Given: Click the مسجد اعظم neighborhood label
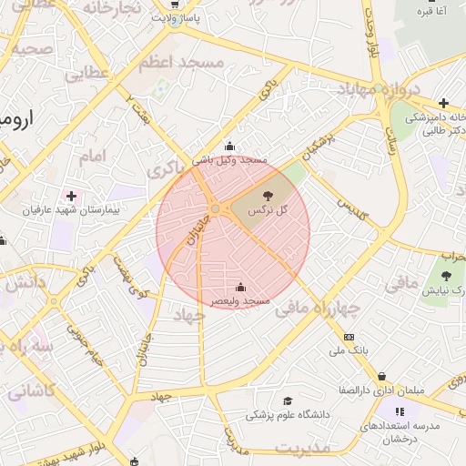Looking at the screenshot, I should [x=181, y=62].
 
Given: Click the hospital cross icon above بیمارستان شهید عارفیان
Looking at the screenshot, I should [x=71, y=196].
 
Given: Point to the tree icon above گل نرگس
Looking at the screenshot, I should [x=268, y=196].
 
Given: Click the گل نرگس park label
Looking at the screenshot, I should [x=268, y=209].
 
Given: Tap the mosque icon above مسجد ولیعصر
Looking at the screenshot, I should [x=239, y=287].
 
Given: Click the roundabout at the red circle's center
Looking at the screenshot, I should [x=215, y=209].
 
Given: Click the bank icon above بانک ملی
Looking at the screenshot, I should [x=349, y=337].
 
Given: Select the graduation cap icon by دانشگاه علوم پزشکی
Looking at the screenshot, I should [x=289, y=401].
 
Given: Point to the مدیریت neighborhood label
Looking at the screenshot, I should [x=304, y=448].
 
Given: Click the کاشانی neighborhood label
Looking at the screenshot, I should [x=32, y=391].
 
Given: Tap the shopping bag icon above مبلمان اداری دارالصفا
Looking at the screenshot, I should [x=381, y=376].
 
